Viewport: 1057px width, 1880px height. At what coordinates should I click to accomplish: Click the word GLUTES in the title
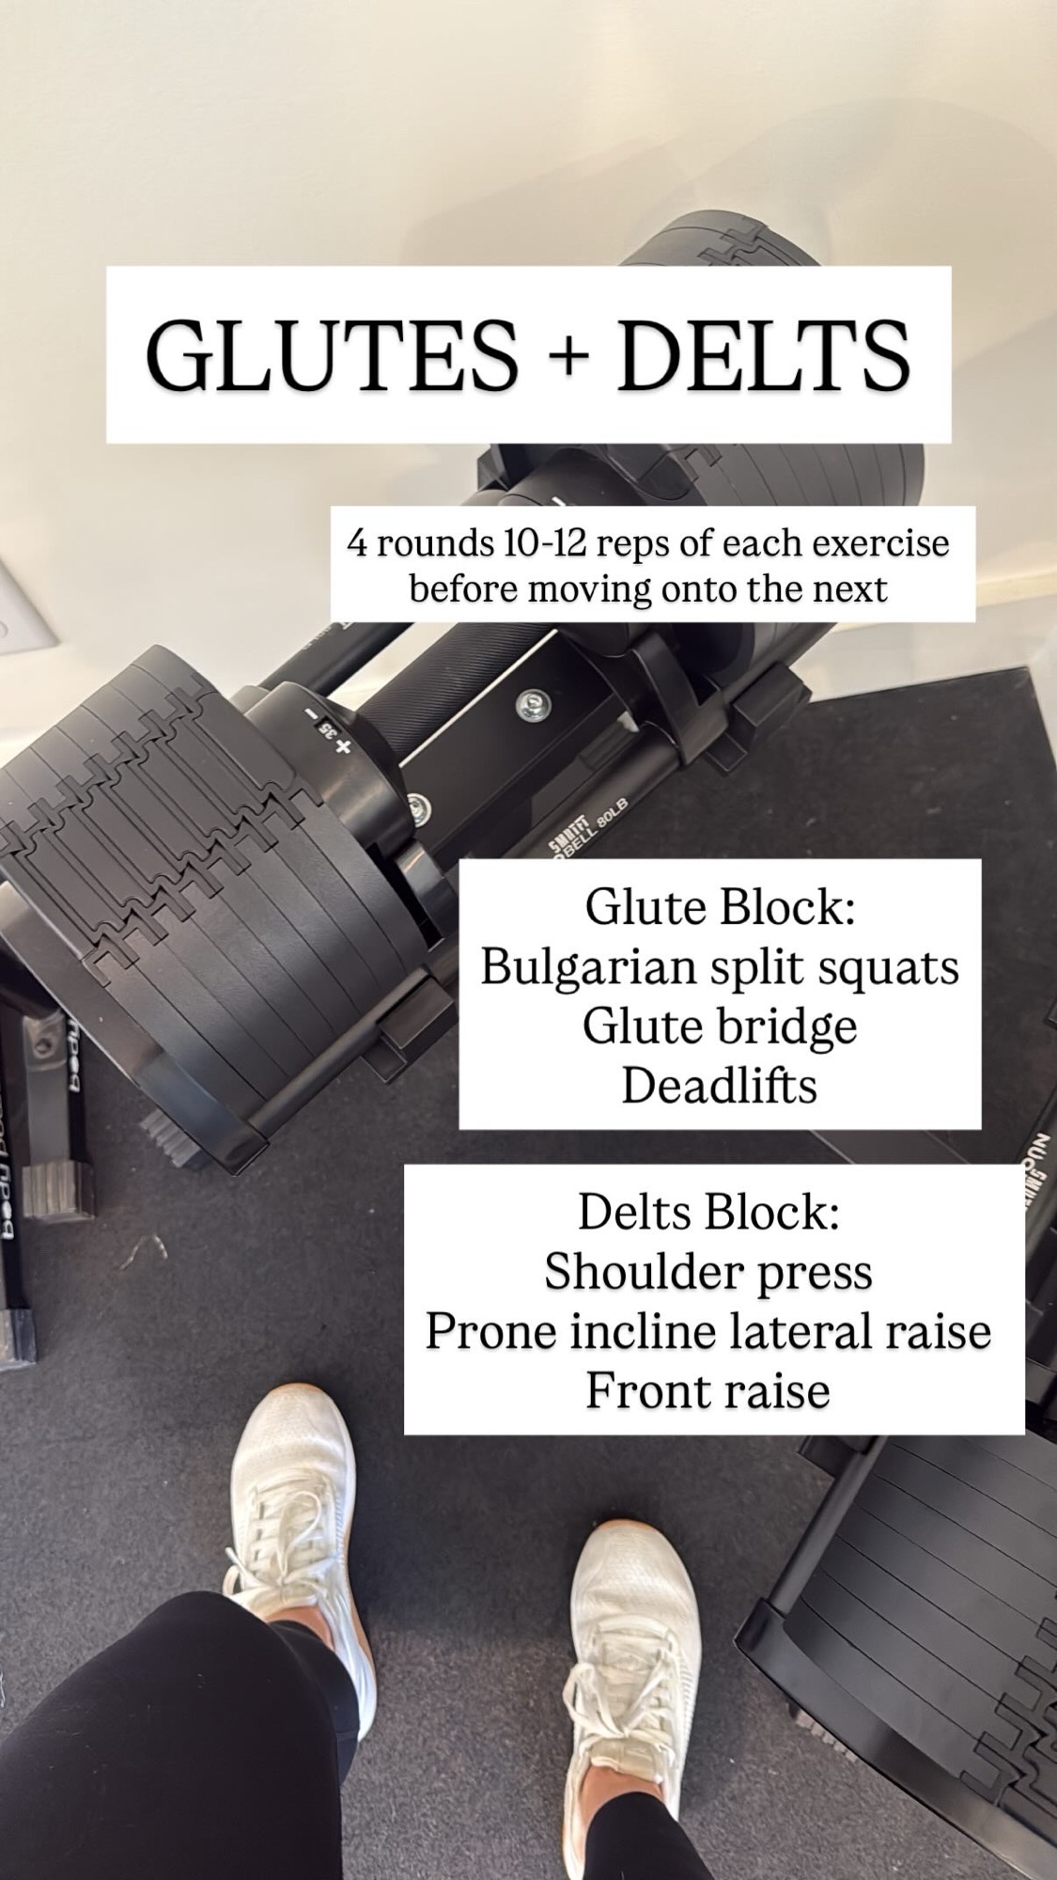pyautogui.click(x=332, y=356)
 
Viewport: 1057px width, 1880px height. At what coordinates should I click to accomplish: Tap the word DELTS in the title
pyautogui.click(x=763, y=356)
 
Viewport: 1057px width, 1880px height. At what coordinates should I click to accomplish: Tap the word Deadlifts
pyautogui.click(x=720, y=1086)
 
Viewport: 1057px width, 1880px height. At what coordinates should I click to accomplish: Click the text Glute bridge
pyautogui.click(x=720, y=1026)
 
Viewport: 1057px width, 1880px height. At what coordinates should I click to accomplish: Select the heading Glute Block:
pyautogui.click(x=720, y=908)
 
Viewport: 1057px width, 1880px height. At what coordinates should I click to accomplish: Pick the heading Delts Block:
pyautogui.click(x=708, y=1212)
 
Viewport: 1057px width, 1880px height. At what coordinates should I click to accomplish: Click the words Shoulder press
pyautogui.click(x=708, y=1273)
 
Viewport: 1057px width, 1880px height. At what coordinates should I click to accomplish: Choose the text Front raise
pyautogui.click(x=708, y=1391)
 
